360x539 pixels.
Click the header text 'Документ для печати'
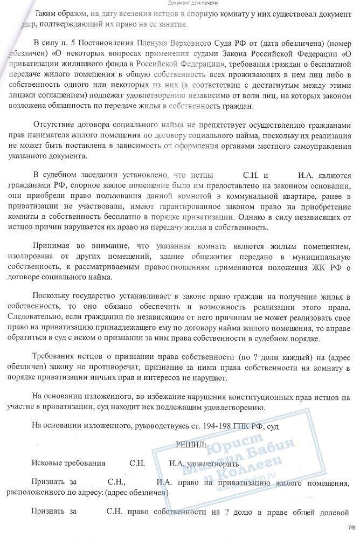[179, 4]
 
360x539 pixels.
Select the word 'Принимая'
[53, 245]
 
